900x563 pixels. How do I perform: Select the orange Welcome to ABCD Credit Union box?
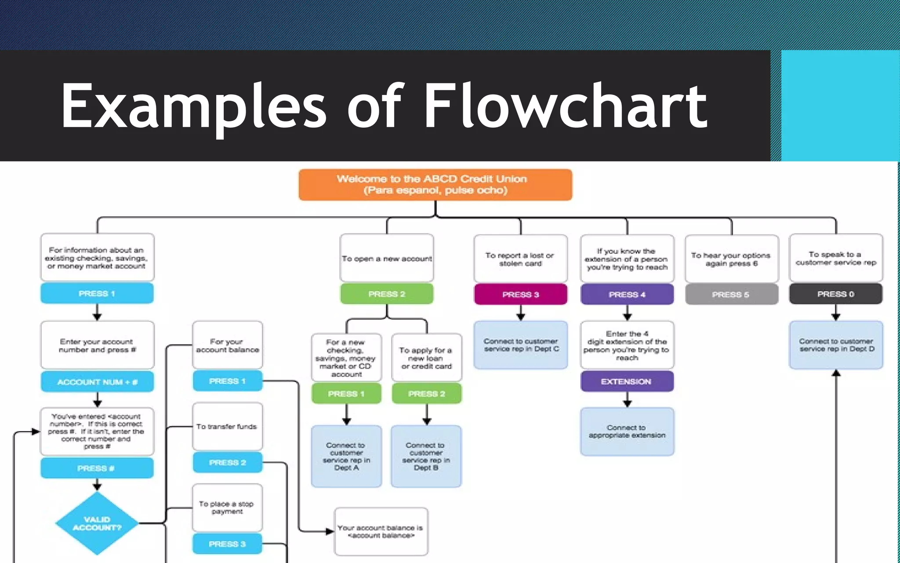click(x=435, y=185)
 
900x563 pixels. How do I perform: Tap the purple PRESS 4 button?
click(x=627, y=294)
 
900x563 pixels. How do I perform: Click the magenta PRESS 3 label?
click(x=520, y=294)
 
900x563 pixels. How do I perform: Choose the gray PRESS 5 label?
click(x=731, y=294)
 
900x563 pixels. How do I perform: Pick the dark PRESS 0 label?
click(x=835, y=294)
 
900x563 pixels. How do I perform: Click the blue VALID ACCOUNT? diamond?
click(x=97, y=523)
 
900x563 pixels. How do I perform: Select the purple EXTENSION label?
click(x=627, y=381)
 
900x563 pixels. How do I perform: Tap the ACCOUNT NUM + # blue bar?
click(x=97, y=382)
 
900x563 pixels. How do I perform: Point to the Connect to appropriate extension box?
click(x=627, y=431)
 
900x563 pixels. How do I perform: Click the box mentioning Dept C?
click(x=521, y=345)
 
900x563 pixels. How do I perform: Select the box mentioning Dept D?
click(x=836, y=345)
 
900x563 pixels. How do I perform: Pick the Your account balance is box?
click(x=381, y=531)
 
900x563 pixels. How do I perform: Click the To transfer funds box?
click(x=227, y=426)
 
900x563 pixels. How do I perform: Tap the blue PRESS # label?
click(x=97, y=468)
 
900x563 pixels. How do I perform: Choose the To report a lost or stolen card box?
click(x=520, y=259)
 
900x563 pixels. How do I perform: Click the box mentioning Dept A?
click(x=346, y=456)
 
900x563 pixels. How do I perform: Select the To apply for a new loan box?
click(x=426, y=358)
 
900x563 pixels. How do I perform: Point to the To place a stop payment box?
click(x=227, y=508)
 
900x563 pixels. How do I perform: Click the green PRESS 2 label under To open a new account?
click(x=386, y=294)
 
